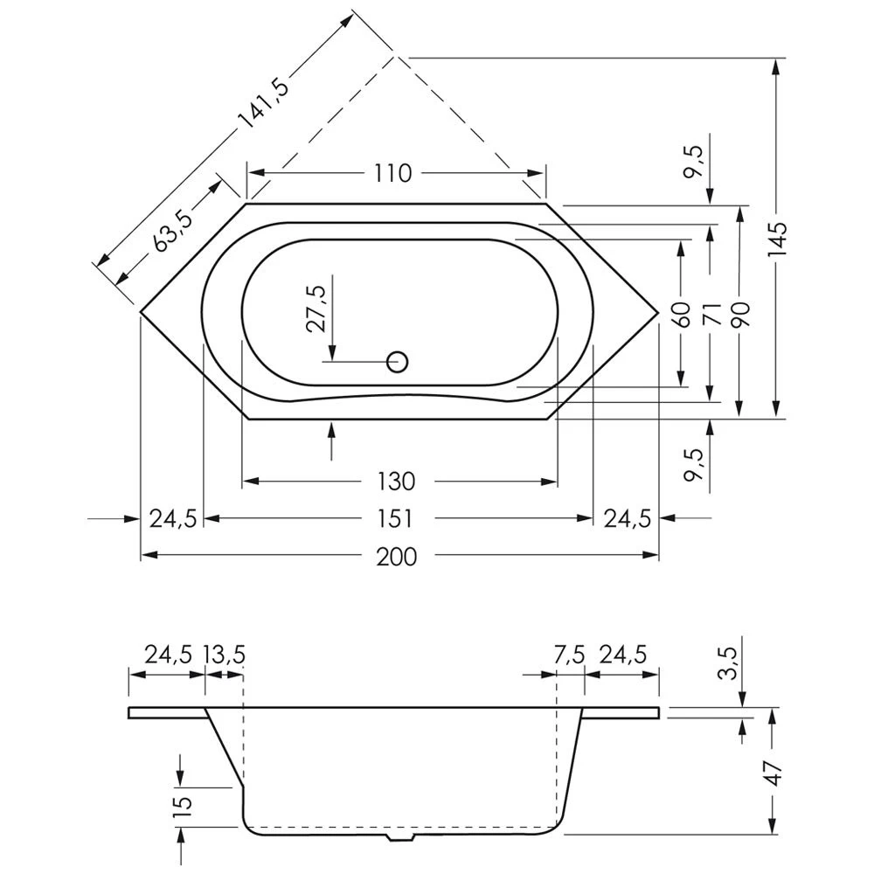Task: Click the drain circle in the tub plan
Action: pyautogui.click(x=398, y=363)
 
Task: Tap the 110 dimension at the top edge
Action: pyautogui.click(x=393, y=173)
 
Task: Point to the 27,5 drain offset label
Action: pyautogui.click(x=318, y=309)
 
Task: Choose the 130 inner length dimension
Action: pyautogui.click(x=396, y=482)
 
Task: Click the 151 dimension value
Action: pyautogui.click(x=395, y=519)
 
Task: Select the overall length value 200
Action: pyautogui.click(x=396, y=557)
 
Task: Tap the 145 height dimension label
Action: pyautogui.click(x=777, y=239)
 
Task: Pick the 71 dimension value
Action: pyautogui.click(x=711, y=315)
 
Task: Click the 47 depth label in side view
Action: pyautogui.click(x=774, y=773)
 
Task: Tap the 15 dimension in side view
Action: pyautogui.click(x=184, y=803)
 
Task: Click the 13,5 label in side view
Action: pyautogui.click(x=224, y=654)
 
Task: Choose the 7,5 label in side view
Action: pyautogui.click(x=569, y=654)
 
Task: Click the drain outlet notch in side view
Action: pyautogui.click(x=401, y=836)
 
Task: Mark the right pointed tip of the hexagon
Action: pyautogui.click(x=659, y=312)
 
